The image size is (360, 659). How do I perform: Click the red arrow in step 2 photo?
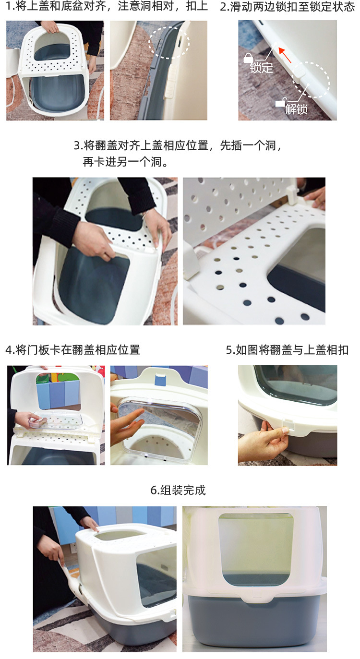(x=285, y=56)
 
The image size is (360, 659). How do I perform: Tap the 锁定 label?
(x=261, y=68)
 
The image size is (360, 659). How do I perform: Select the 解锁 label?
(x=296, y=109)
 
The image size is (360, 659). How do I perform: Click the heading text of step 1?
(x=107, y=7)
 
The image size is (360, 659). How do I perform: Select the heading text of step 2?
(x=287, y=7)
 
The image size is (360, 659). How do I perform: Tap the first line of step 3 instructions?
(x=178, y=145)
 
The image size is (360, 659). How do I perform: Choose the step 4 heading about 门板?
(x=73, y=349)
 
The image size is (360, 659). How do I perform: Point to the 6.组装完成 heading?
(x=178, y=490)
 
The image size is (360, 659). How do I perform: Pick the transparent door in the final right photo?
(x=255, y=550)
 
